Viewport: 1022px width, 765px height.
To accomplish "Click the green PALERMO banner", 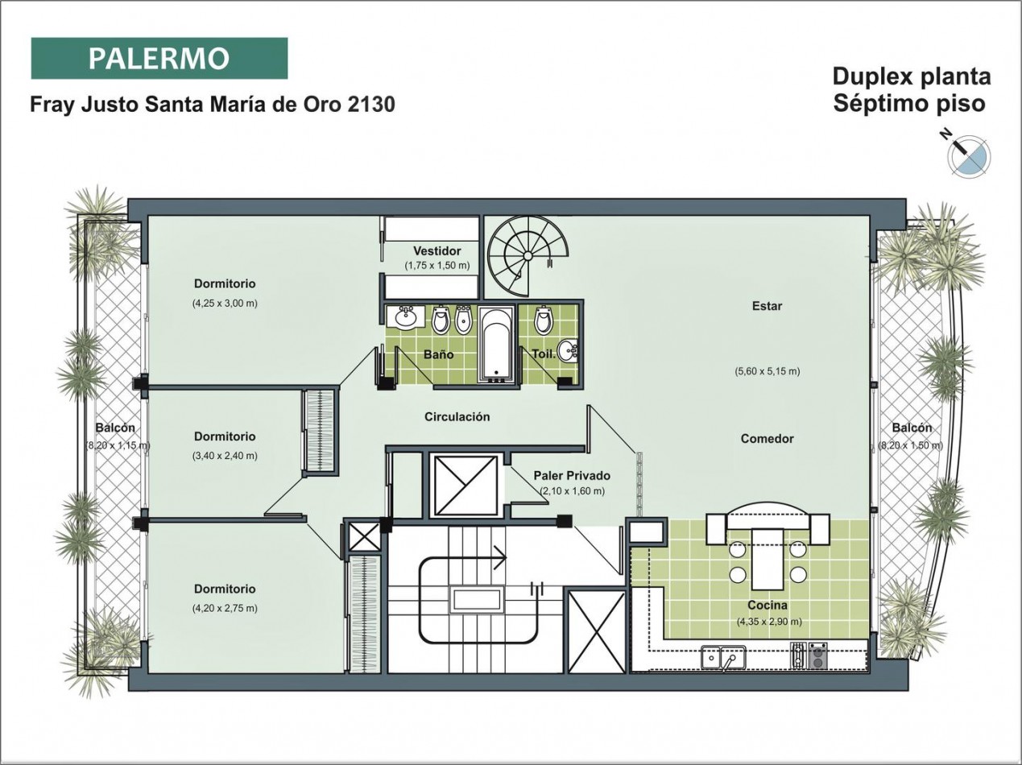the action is click(159, 59).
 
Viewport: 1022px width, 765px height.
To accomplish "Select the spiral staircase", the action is click(528, 255).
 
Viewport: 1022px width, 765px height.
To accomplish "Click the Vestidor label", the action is click(437, 251).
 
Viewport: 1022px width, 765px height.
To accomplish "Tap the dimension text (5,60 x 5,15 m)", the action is click(768, 371).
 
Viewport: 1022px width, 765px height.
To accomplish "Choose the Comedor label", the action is click(768, 438).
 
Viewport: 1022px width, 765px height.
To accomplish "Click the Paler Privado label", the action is click(572, 476).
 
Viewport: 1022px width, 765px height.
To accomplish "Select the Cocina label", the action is click(768, 605).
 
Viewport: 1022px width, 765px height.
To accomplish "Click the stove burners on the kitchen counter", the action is click(809, 655).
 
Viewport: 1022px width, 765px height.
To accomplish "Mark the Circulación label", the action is click(457, 417).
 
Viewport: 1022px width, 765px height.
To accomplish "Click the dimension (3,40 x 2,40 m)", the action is click(225, 456).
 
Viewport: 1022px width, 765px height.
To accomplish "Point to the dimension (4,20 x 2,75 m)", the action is click(225, 608).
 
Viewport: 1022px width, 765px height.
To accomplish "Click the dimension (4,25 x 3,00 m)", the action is click(225, 304).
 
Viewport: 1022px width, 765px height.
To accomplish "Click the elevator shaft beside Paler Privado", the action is click(465, 486).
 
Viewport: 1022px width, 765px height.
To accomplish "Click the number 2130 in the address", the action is click(371, 104).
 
